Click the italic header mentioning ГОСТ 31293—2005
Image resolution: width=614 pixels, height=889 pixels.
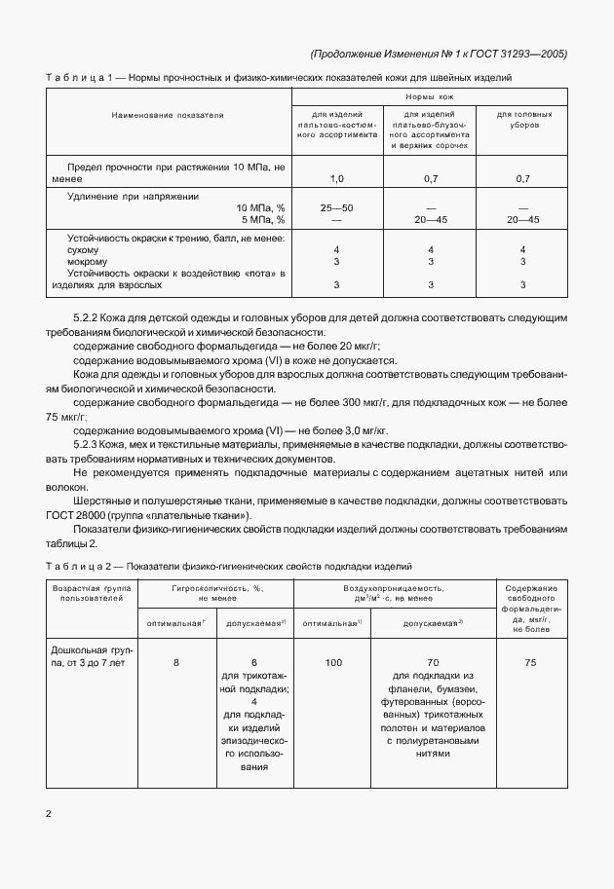point(438,54)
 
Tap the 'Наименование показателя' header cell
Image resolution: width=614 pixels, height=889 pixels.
point(168,115)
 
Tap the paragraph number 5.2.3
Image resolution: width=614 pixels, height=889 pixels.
point(91,444)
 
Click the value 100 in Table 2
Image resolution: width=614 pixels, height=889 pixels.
point(333,662)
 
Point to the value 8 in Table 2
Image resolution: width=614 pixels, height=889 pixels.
point(176,662)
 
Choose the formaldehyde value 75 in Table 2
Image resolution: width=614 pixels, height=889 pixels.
point(531,662)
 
